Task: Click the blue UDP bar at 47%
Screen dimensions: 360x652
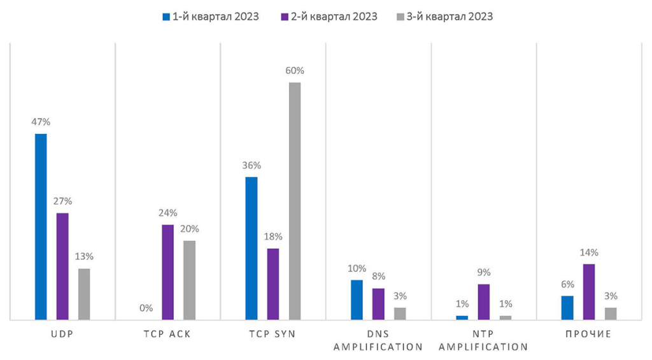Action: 41,226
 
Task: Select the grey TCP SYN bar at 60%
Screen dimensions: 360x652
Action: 295,201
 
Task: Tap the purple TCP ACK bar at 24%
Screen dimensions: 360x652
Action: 167,271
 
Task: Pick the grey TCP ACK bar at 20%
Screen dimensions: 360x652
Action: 189,280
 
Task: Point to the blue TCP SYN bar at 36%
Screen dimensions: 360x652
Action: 252,248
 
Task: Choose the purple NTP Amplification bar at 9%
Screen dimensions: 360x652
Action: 484,301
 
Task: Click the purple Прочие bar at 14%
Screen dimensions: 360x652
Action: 589,291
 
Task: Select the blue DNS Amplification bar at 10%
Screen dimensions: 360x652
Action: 357,299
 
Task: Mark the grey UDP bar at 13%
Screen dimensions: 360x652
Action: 84,294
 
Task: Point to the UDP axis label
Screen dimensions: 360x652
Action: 62,334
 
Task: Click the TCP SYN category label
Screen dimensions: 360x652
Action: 273,334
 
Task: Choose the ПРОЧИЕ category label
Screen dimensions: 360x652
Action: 589,334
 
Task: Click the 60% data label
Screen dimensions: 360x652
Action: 295,71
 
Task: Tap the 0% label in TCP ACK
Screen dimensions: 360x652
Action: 146,308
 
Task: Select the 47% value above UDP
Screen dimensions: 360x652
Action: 41,122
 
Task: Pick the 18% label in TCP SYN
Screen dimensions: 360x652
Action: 273,237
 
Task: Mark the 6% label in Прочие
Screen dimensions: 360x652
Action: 567,284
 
